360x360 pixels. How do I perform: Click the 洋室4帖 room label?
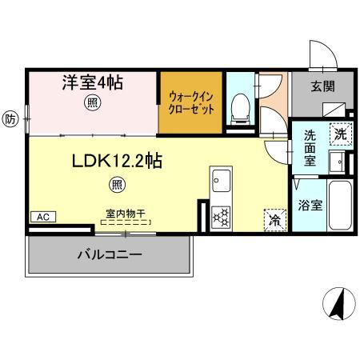92,82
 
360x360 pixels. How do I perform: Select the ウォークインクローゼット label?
191,102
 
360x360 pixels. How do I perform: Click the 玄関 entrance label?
324,86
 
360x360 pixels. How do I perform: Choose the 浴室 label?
310,205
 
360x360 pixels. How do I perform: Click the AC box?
42,217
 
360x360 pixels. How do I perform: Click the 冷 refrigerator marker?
274,218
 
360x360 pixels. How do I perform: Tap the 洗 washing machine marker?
341,134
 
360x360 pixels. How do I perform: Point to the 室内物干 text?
125,214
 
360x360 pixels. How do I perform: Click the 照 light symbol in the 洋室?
94,102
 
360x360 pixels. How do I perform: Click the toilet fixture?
239,106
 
